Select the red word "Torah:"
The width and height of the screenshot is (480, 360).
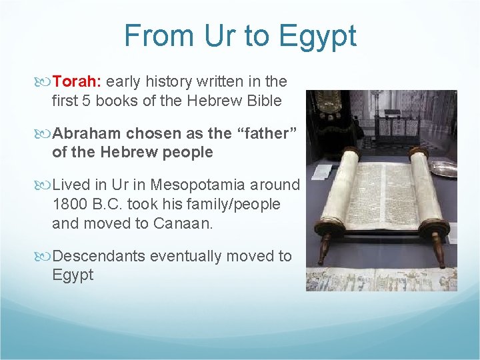(x=77, y=81)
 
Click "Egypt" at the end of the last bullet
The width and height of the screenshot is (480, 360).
(x=73, y=275)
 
